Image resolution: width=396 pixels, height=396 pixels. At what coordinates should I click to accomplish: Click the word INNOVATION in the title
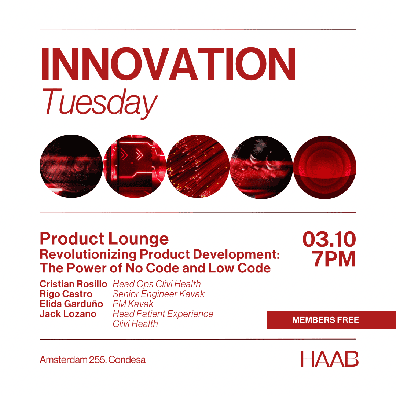pyautogui.click(x=168, y=64)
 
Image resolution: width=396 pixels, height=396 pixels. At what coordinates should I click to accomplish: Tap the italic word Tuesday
pyautogui.click(x=100, y=103)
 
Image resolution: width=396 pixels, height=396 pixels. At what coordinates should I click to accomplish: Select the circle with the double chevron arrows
pyautogui.click(x=135, y=166)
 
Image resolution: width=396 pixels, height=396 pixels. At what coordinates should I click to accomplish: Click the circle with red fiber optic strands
pyautogui.click(x=198, y=166)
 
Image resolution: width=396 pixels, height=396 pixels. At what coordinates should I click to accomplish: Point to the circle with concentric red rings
pyautogui.click(x=325, y=167)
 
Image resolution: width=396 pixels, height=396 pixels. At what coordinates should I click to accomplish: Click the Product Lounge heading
pyautogui.click(x=104, y=239)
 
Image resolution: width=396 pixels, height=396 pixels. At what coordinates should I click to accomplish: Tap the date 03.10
pyautogui.click(x=329, y=239)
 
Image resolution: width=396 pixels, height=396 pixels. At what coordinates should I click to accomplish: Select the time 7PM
pyautogui.click(x=333, y=259)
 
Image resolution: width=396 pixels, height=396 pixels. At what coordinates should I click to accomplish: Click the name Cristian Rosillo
pyautogui.click(x=73, y=284)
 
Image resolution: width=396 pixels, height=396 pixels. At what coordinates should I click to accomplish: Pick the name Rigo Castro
pyautogui.click(x=66, y=294)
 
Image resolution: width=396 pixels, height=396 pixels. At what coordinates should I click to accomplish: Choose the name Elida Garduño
pyautogui.click(x=71, y=304)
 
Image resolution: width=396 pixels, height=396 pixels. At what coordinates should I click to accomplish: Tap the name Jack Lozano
pyautogui.click(x=68, y=314)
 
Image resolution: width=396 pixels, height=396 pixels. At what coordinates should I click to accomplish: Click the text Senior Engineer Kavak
pyautogui.click(x=159, y=294)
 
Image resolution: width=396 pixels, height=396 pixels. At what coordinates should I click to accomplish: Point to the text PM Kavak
pyautogui.click(x=133, y=304)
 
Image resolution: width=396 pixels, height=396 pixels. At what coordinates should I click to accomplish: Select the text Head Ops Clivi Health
pyautogui.click(x=157, y=284)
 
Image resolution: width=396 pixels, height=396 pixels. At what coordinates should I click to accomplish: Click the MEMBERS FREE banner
pyautogui.click(x=331, y=320)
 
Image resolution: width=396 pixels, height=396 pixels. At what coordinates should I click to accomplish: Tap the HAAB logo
pyautogui.click(x=330, y=359)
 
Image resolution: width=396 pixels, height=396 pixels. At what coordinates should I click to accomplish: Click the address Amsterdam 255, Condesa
pyautogui.click(x=93, y=360)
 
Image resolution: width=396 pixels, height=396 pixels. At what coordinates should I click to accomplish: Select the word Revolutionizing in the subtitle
pyautogui.click(x=88, y=254)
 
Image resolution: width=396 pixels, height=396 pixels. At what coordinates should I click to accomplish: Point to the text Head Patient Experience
pyautogui.click(x=163, y=314)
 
